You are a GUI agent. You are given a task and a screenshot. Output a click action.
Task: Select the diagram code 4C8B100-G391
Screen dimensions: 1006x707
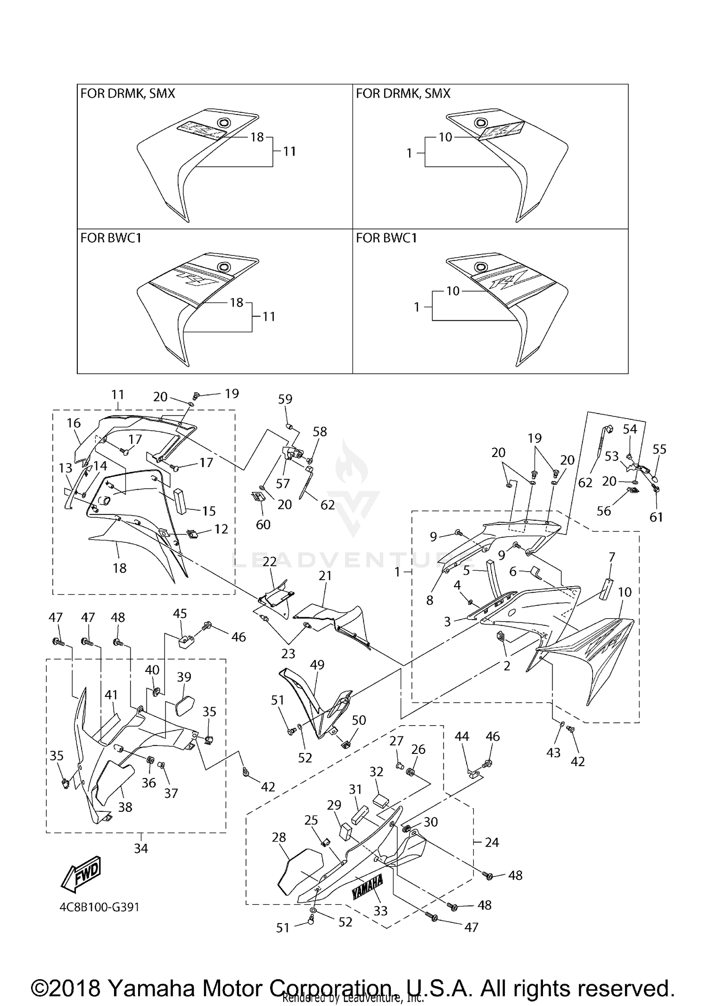click(99, 907)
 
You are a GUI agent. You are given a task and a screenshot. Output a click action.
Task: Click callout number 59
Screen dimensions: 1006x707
click(285, 399)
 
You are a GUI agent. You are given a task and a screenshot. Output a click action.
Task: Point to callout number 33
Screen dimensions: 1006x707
click(380, 911)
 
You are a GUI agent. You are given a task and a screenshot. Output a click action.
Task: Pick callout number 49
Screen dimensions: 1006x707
click(317, 665)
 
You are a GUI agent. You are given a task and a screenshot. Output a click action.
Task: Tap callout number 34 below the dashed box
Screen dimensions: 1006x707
click(141, 849)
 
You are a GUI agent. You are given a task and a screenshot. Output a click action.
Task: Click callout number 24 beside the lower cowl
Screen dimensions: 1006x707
click(492, 842)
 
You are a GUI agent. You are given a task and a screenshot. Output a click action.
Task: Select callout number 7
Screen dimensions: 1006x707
click(612, 557)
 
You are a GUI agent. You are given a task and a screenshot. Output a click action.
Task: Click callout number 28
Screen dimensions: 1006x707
click(279, 837)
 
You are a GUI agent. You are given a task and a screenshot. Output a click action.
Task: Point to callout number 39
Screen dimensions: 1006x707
click(184, 677)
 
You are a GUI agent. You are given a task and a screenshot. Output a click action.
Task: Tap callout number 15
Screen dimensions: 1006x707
click(209, 511)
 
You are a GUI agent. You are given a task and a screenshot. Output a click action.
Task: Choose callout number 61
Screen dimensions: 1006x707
click(657, 517)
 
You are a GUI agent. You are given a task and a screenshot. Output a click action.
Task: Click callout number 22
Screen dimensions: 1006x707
click(270, 562)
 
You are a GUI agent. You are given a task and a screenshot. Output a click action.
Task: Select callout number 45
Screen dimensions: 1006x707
click(180, 613)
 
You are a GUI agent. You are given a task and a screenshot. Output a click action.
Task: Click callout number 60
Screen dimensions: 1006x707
click(263, 524)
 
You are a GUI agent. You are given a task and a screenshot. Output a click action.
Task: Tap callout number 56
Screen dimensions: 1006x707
click(604, 511)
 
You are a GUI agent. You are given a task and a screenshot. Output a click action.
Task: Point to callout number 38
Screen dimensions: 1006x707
click(125, 807)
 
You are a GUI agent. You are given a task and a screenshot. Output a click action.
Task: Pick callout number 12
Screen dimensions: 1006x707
click(221, 529)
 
